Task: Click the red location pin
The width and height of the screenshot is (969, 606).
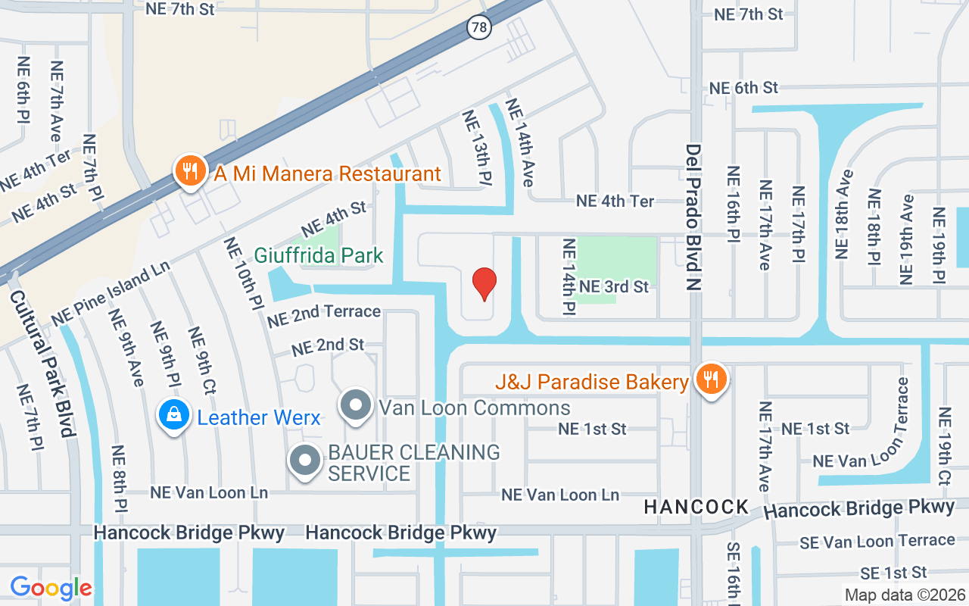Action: tap(484, 283)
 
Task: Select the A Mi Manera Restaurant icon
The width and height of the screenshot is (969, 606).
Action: tap(187, 173)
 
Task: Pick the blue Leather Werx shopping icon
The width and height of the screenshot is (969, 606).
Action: tap(174, 415)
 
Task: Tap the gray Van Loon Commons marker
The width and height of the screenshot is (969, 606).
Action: tap(354, 406)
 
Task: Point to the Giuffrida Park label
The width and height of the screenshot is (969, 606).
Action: tap(319, 256)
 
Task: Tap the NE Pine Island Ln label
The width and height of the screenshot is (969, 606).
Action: tap(111, 294)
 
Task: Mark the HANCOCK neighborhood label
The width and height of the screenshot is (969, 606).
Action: tap(696, 508)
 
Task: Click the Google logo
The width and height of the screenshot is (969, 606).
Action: tap(51, 588)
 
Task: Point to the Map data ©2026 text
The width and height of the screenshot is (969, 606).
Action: tap(905, 595)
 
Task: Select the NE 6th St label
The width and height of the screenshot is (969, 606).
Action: tap(743, 88)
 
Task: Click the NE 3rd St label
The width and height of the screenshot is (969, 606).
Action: tap(614, 286)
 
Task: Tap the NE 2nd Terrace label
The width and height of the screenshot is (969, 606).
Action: tap(324, 314)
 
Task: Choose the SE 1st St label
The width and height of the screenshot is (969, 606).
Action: tap(893, 572)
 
